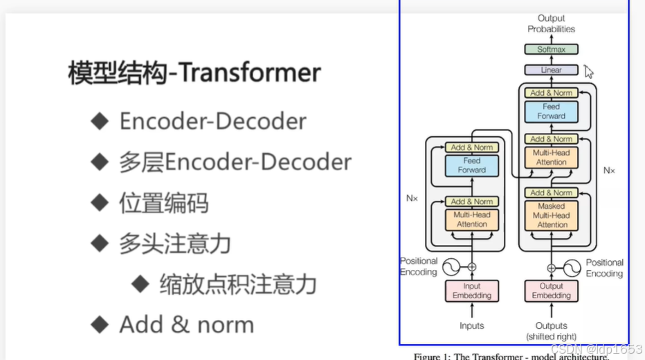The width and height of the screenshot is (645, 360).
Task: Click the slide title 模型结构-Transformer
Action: [194, 73]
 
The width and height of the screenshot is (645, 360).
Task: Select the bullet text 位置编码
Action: [163, 203]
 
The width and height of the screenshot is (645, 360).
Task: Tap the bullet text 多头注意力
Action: [174, 244]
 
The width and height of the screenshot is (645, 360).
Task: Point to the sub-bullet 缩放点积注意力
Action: [237, 284]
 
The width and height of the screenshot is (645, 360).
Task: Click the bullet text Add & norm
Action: [186, 325]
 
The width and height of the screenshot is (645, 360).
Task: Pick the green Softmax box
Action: [551, 49]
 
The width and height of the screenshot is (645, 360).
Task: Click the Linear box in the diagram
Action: [551, 70]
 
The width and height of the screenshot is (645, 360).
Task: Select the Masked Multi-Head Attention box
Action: [551, 215]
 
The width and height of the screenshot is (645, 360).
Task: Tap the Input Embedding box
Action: [471, 291]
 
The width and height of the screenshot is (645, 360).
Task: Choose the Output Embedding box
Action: [551, 291]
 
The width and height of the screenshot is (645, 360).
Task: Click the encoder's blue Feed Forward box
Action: [471, 165]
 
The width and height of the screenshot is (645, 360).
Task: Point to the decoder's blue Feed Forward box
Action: [551, 111]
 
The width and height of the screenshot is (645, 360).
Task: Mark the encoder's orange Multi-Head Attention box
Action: [471, 219]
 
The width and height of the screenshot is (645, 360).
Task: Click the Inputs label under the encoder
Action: [471, 325]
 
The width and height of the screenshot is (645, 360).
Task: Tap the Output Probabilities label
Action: [551, 24]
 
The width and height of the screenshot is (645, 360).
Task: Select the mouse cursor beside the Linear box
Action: [588, 71]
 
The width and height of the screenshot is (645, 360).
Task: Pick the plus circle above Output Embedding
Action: [552, 267]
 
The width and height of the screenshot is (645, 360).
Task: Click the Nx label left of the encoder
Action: [412, 197]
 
